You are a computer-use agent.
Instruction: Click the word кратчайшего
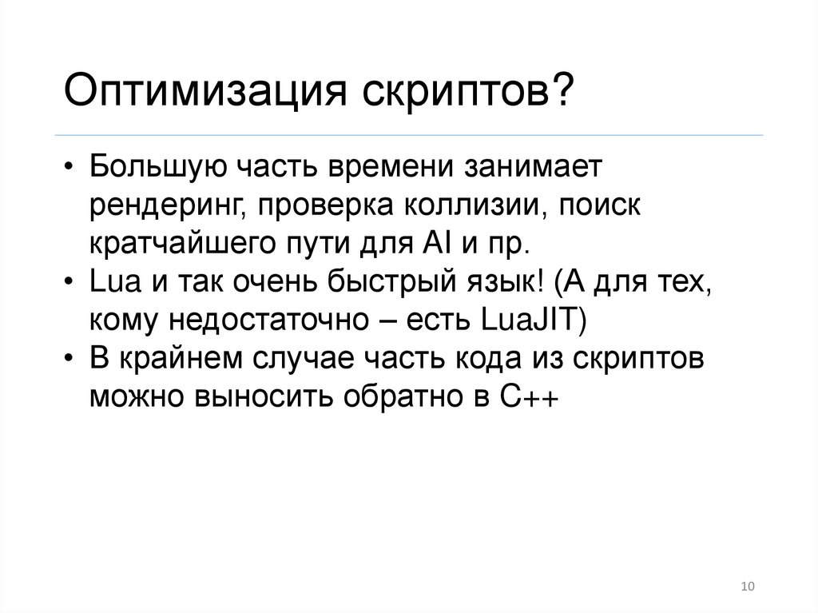point(185,241)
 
